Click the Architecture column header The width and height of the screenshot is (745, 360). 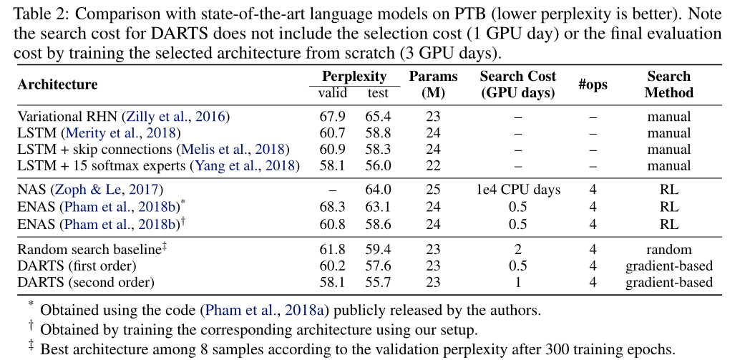[x=57, y=84]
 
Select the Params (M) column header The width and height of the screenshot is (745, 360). [x=433, y=84]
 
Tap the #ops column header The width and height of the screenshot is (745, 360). [x=593, y=84]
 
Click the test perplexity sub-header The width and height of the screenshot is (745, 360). [x=378, y=92]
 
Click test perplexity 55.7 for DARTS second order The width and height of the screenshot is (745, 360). [x=378, y=282]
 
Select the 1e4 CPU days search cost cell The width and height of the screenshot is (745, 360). [x=518, y=190]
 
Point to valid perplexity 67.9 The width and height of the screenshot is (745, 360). [x=332, y=117]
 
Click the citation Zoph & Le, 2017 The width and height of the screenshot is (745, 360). [x=107, y=190]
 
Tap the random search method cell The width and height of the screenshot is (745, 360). [x=668, y=249]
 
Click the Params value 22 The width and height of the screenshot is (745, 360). [x=433, y=166]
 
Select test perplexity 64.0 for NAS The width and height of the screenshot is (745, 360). [x=378, y=190]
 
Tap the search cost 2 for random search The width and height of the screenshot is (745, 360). [x=518, y=249]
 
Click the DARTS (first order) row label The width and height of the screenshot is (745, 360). [x=77, y=266]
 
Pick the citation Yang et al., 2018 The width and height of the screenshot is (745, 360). [x=245, y=166]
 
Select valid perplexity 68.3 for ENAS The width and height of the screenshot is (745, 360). [x=332, y=207]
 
